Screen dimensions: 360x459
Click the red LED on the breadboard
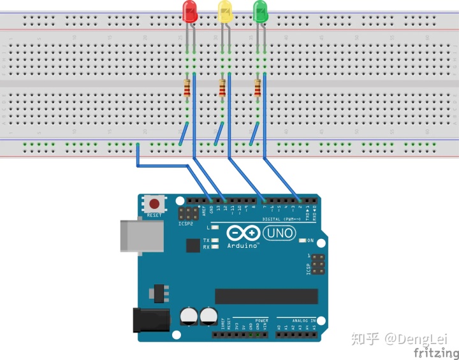tap(189, 11)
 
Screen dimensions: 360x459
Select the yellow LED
tap(225, 11)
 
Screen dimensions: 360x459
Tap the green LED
tap(261, 11)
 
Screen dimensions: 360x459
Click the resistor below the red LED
tap(187, 89)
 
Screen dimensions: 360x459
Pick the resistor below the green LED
tap(258, 89)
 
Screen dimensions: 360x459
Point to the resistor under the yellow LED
tap(222, 89)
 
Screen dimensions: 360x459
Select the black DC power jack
tap(150, 319)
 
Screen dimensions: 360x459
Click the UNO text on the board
tap(281, 233)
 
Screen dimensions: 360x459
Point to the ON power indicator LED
tap(303, 240)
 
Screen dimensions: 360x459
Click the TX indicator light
tap(215, 240)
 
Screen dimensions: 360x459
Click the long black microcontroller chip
tap(266, 296)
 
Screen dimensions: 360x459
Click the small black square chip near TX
tap(193, 245)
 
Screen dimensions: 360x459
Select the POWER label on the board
tap(262, 320)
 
